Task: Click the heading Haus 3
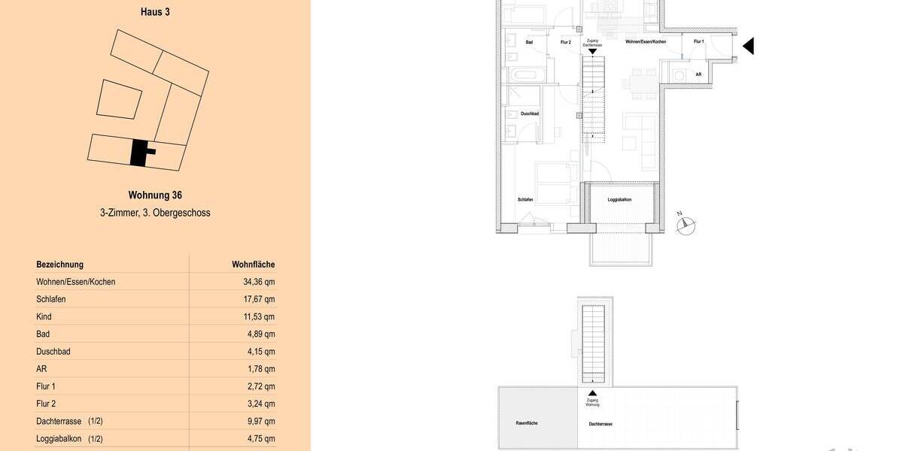tap(155, 12)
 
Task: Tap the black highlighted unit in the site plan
tap(139, 153)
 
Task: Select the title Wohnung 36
tap(155, 195)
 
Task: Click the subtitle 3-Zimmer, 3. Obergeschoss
tap(155, 213)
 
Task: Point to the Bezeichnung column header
tap(59, 265)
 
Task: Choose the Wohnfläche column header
tap(253, 265)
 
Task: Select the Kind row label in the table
tap(44, 316)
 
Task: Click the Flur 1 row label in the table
tap(46, 386)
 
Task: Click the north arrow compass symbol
tap(686, 224)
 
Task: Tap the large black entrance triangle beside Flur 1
tap(748, 47)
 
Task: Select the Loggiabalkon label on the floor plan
tap(619, 200)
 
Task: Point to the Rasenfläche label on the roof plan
tap(526, 423)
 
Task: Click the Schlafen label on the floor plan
tap(525, 200)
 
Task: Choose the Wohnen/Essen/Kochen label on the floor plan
tap(646, 42)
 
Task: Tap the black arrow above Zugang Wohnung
tap(592, 393)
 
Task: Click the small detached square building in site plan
tap(120, 99)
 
